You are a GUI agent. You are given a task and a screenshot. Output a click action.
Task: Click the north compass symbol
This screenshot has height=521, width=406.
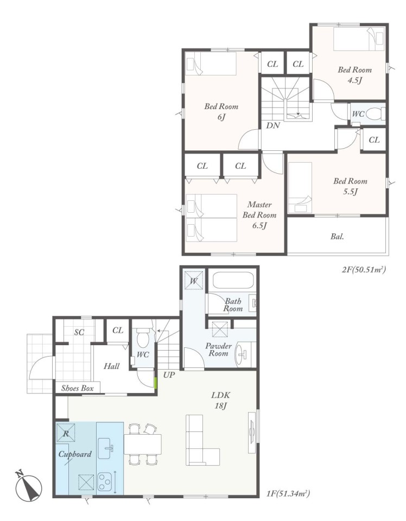(29, 486)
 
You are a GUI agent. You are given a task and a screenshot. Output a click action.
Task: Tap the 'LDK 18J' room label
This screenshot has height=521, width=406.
(220, 400)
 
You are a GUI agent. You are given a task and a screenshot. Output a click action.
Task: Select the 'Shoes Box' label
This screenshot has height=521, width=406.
(78, 388)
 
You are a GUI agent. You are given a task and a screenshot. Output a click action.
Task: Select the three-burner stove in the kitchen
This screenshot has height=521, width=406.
(105, 482)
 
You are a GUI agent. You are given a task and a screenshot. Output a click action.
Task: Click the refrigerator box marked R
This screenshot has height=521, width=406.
(66, 433)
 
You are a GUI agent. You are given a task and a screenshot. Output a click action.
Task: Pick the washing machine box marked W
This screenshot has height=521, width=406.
(194, 281)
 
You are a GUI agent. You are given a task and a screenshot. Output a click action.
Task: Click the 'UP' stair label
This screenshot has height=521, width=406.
(169, 375)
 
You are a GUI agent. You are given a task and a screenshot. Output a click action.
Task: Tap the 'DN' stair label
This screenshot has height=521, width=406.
(273, 125)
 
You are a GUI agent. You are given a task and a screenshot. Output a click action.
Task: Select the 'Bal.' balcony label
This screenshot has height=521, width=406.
(337, 237)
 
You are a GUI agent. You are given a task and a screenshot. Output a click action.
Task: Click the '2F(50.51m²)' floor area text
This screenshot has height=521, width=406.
(364, 269)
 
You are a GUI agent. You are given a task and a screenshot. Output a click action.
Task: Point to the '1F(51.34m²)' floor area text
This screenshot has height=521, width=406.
(288, 493)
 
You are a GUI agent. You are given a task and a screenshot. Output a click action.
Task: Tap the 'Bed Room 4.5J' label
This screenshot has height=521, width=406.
(354, 75)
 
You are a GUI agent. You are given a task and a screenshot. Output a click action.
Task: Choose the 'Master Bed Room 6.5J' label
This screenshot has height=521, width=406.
(259, 215)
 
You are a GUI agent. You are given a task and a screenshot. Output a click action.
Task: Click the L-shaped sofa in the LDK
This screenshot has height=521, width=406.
(202, 440)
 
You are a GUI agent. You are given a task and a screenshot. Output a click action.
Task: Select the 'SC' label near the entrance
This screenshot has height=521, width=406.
(79, 332)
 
